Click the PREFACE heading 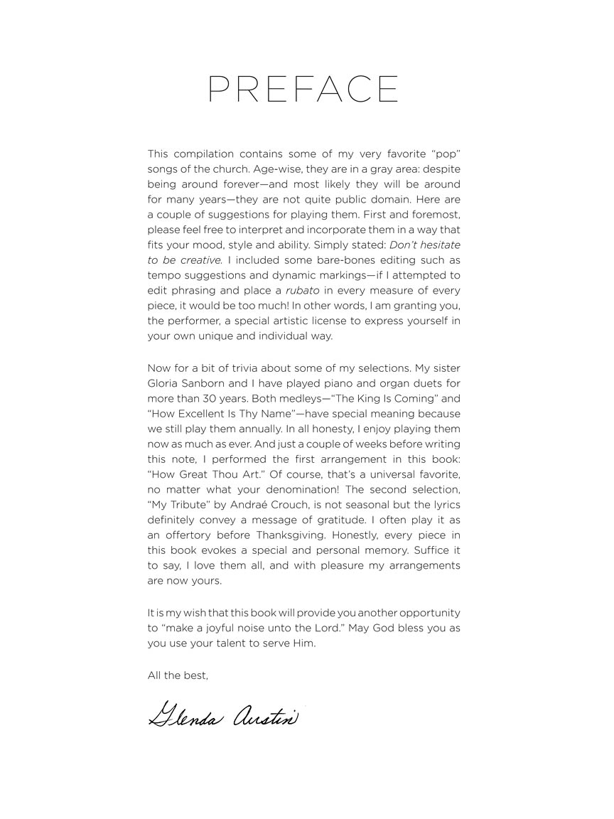pyautogui.click(x=303, y=90)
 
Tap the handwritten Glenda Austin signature pyautogui.click(x=223, y=713)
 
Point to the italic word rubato pyautogui.click(x=302, y=290)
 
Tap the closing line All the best pyautogui.click(x=178, y=675)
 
